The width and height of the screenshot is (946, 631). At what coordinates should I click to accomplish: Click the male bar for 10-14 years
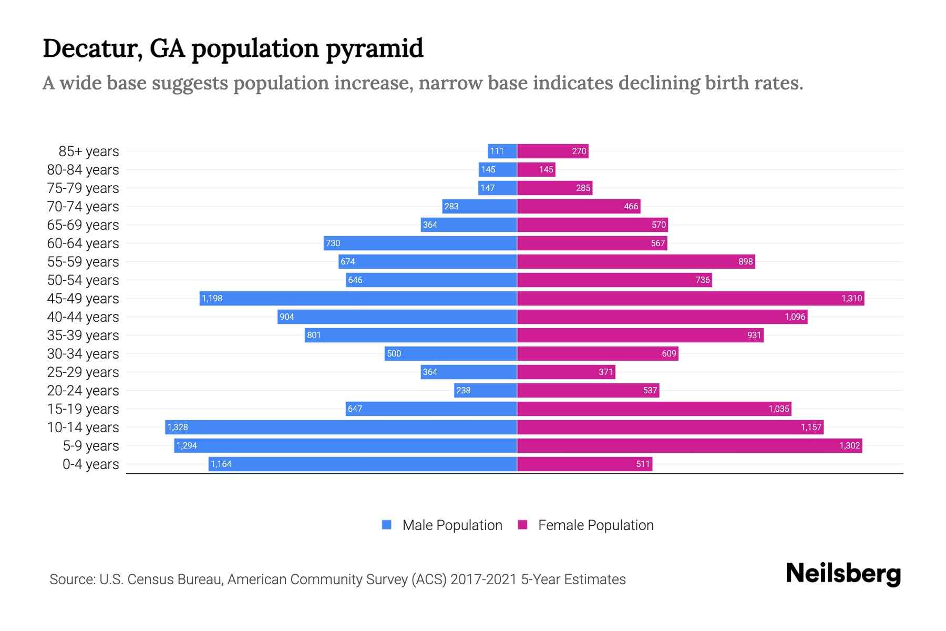tap(342, 427)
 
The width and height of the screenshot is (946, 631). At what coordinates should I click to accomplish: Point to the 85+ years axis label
tap(88, 151)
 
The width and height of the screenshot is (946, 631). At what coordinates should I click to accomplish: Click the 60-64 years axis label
tap(83, 243)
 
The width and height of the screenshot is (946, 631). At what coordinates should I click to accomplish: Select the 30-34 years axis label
tap(83, 354)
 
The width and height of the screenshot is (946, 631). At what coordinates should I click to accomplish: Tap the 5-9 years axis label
tap(91, 446)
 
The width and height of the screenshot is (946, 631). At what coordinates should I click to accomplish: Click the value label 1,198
tap(212, 298)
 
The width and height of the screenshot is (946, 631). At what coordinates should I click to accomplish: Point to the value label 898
tap(745, 261)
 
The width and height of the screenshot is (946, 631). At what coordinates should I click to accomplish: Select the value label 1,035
tap(779, 409)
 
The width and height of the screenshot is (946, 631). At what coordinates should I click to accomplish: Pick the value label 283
tap(451, 206)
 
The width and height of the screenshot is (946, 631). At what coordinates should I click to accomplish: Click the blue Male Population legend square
tap(387, 525)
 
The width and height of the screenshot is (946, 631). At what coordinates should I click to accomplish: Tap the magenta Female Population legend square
tap(522, 525)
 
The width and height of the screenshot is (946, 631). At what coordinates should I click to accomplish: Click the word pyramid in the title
tap(374, 49)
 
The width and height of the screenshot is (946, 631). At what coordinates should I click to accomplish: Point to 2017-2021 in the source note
tap(484, 579)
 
